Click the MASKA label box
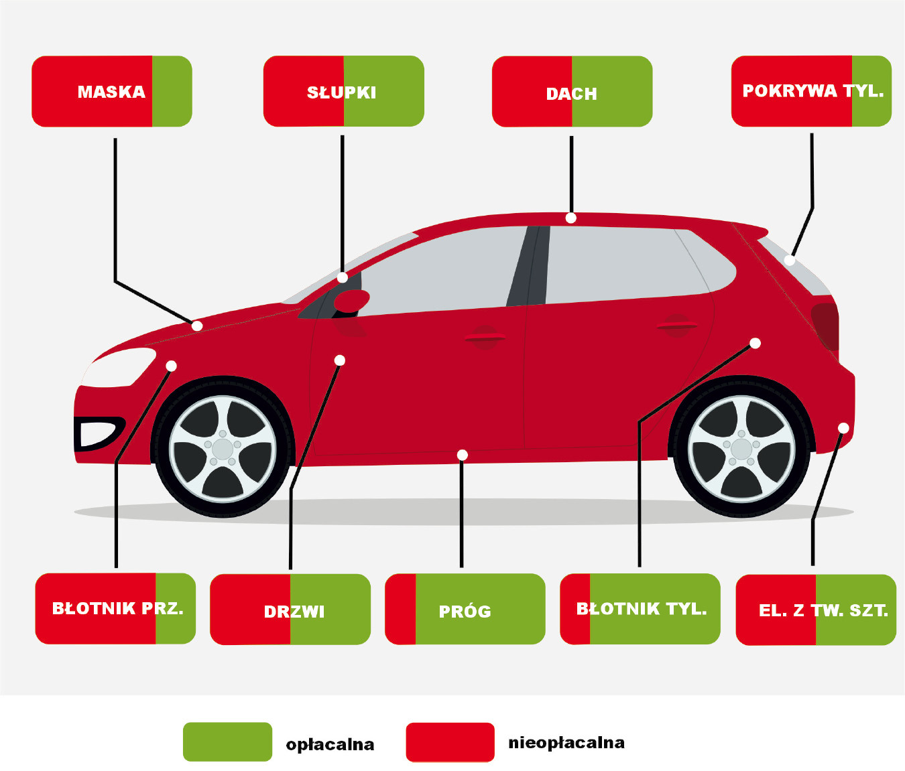(x=112, y=91)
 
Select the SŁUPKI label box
(x=343, y=91)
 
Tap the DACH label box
(x=572, y=92)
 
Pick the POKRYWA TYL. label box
(x=811, y=91)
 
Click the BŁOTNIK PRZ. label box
(x=115, y=608)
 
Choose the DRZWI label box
(x=290, y=610)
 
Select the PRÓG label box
(x=465, y=609)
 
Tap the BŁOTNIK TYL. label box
(x=640, y=609)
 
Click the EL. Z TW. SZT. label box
(x=816, y=610)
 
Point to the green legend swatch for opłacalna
(x=227, y=742)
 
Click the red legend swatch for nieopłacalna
(x=450, y=742)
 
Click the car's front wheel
(x=223, y=449)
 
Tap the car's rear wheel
(x=741, y=449)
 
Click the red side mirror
(x=351, y=301)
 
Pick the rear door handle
(x=676, y=326)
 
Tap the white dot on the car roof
(x=570, y=218)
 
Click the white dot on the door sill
(x=462, y=455)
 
